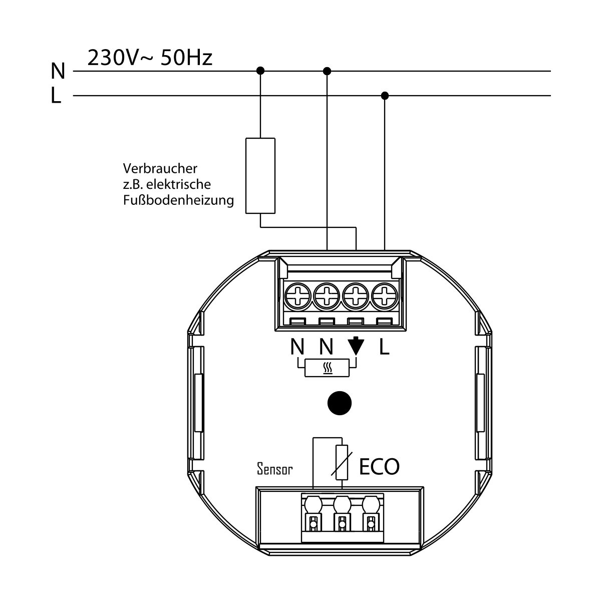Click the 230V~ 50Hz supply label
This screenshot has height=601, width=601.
pyautogui.click(x=150, y=58)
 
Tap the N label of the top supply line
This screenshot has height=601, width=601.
pyautogui.click(x=58, y=71)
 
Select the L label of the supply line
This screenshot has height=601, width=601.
pyautogui.click(x=56, y=96)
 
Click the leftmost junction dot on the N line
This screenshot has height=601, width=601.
pyautogui.click(x=260, y=71)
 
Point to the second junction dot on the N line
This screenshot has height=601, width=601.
pyautogui.click(x=327, y=71)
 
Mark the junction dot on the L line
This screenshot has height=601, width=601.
pyautogui.click(x=385, y=96)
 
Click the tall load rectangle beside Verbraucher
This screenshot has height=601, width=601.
pyautogui.click(x=260, y=176)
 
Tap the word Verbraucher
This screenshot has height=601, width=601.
pyautogui.click(x=160, y=169)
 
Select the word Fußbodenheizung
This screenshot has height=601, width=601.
pyautogui.click(x=178, y=200)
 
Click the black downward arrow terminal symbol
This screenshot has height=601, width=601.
pyautogui.click(x=356, y=346)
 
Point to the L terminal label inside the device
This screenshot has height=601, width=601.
pyautogui.click(x=384, y=347)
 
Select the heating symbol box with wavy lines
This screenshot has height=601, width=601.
pyautogui.click(x=327, y=368)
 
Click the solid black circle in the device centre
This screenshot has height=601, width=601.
pyautogui.click(x=340, y=403)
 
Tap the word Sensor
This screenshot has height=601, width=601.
pyautogui.click(x=275, y=468)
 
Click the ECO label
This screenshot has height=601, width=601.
pyautogui.click(x=379, y=467)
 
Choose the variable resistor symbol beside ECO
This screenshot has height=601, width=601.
pyautogui.click(x=342, y=462)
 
